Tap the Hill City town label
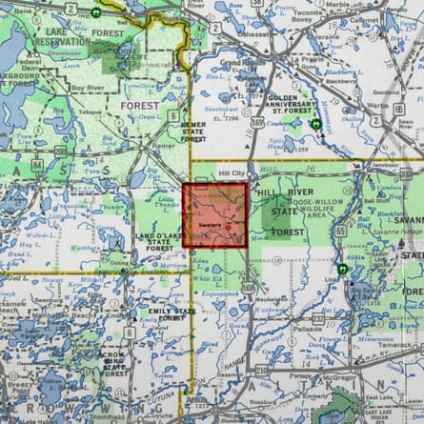pyautogui.click(x=232, y=174)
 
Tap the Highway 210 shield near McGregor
pyautogui.click(x=262, y=371)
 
